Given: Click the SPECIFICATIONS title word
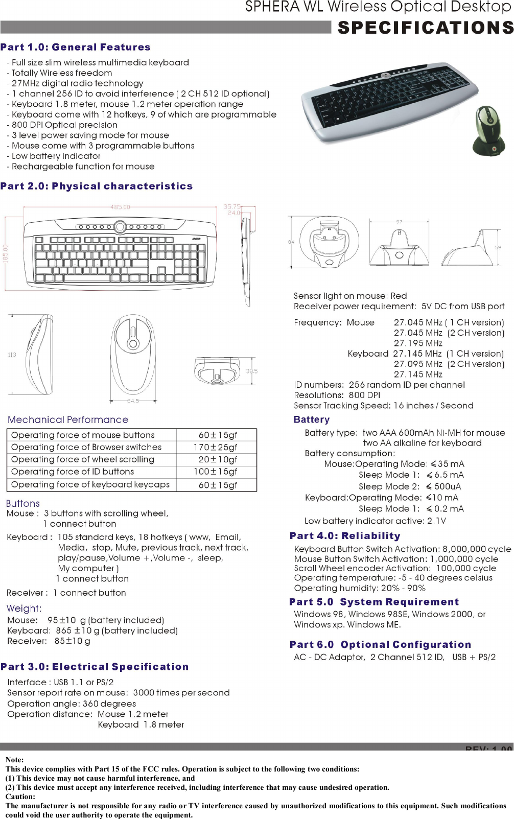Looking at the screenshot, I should [425, 27].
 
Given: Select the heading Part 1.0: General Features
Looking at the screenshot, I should [76, 47].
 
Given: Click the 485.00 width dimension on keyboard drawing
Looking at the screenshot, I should [120, 207].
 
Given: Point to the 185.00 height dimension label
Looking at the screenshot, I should [6, 254].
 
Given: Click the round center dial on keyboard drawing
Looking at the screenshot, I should [120, 226].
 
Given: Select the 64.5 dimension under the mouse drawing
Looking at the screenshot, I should [133, 401].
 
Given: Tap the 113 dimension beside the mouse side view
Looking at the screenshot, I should [12, 355].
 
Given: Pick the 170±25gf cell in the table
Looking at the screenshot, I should [218, 447].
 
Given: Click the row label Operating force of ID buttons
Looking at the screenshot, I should [73, 472].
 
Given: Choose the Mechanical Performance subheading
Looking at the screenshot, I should [68, 419].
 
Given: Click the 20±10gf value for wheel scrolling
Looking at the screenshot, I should [218, 459].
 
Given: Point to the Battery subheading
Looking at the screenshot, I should [312, 419].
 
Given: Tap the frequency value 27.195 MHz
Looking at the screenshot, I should [418, 343].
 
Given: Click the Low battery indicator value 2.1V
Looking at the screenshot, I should [436, 521].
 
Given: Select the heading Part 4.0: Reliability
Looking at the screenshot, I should [345, 536].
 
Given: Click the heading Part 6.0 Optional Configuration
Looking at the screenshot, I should [380, 645].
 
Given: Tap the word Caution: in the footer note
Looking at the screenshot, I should [20, 797].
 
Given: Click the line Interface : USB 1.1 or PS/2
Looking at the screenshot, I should [60, 682].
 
